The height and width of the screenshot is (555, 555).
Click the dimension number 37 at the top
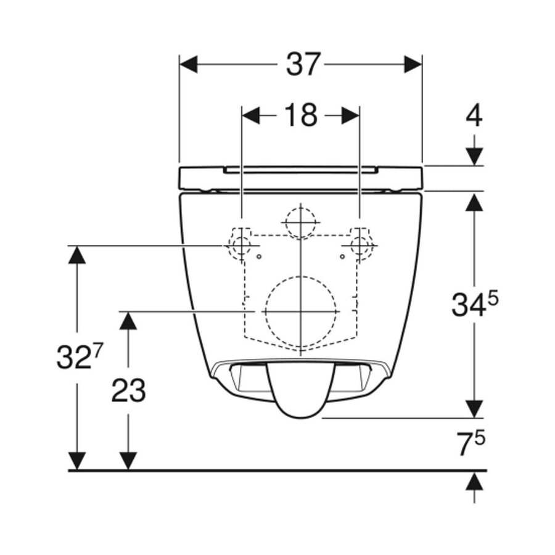point(303,64)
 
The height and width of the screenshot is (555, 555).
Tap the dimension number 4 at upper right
point(474,115)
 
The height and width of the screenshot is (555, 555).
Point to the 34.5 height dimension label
point(474,305)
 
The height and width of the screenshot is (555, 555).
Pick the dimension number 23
point(128,390)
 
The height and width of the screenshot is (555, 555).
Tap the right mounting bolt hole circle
point(359,245)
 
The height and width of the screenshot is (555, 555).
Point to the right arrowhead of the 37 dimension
point(413,64)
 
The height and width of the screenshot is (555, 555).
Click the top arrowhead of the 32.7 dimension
point(76,254)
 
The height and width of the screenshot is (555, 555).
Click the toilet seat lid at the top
point(300,178)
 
